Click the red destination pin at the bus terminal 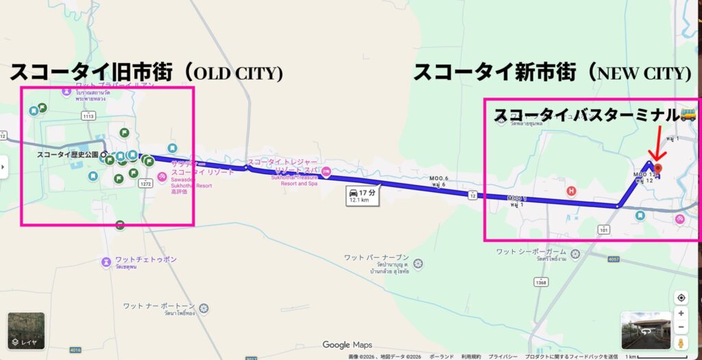658,167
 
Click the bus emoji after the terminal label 688,115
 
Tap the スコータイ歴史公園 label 68,155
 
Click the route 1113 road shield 88,117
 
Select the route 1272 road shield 145,184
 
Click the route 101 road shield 604,229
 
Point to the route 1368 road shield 542,283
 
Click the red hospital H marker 570,191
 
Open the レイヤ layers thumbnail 26,331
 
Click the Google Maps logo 347,345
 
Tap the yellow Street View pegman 681,343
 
